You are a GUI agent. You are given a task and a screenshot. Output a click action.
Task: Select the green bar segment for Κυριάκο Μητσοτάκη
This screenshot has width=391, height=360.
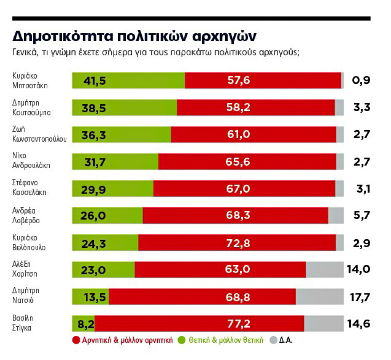pyautogui.click(x=128, y=80)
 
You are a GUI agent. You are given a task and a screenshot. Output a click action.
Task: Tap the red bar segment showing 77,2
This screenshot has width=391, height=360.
pyautogui.click(x=199, y=324)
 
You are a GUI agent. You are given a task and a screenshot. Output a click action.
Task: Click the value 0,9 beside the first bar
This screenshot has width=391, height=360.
pyautogui.click(x=361, y=80)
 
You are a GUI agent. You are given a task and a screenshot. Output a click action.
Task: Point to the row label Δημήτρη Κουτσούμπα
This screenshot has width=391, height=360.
pyautogui.click(x=31, y=107)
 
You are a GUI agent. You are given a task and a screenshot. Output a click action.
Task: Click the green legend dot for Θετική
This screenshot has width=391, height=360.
pyautogui.click(x=181, y=341)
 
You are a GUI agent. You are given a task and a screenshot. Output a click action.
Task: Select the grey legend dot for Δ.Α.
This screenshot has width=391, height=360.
pyautogui.click(x=274, y=341)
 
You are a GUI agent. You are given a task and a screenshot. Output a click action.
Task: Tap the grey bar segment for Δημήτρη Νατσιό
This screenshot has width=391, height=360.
pyautogui.click(x=319, y=297)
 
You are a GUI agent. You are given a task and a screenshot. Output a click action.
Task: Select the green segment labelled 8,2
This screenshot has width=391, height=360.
pyautogui.click(x=83, y=324)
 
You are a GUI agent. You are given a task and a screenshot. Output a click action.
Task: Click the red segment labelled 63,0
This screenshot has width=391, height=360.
pyautogui.click(x=220, y=269)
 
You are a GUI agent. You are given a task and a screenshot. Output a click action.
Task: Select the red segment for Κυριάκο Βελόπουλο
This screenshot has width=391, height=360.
pyautogui.click(x=237, y=242)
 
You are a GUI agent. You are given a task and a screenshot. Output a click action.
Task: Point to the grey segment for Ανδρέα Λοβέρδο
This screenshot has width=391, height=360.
pyautogui.click(x=335, y=215)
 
